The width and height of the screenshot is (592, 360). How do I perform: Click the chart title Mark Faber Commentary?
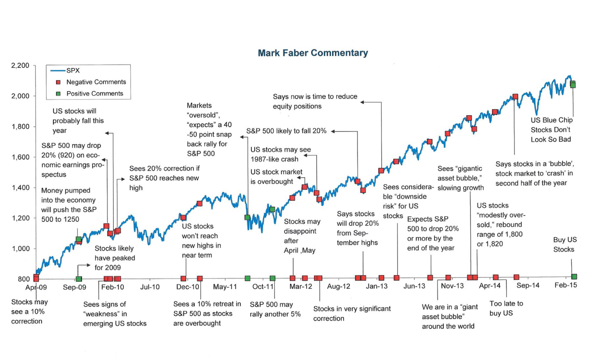(x=313, y=53)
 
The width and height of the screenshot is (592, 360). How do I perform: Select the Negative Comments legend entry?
(x=96, y=82)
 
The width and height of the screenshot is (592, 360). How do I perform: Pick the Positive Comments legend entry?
(x=94, y=94)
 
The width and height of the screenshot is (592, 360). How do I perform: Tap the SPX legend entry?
(x=73, y=70)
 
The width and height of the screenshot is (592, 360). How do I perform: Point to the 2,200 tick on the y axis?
(x=20, y=65)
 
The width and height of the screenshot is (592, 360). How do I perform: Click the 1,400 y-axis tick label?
(x=21, y=188)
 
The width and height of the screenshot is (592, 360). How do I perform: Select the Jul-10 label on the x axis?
(x=150, y=287)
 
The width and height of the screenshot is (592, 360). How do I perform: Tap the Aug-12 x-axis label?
(x=339, y=286)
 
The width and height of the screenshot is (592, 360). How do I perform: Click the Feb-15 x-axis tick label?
(x=566, y=285)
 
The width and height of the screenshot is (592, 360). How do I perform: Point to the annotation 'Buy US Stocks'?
(x=565, y=245)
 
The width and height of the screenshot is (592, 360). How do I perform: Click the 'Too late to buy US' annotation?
(x=506, y=308)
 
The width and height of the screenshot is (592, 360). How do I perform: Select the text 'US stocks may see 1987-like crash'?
(x=280, y=154)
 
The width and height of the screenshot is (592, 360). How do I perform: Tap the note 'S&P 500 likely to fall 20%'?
(x=286, y=131)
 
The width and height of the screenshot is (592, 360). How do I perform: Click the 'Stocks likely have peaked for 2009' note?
(x=115, y=258)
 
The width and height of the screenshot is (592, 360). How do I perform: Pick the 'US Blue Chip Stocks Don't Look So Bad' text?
(x=551, y=130)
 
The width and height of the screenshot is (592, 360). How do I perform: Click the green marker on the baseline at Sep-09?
(x=78, y=279)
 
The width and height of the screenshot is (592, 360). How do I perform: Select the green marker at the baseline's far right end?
(x=574, y=277)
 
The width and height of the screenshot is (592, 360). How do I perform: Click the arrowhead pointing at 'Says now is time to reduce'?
(x=363, y=102)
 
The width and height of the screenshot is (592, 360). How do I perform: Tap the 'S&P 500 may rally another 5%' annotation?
(x=275, y=309)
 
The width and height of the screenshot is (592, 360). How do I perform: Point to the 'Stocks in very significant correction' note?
(x=351, y=313)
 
